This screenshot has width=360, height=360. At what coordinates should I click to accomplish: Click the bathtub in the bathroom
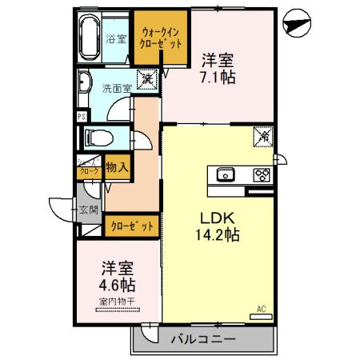89,36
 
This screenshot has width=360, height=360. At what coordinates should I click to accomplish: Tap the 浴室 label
116,38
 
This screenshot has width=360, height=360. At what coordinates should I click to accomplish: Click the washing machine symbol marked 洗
147,79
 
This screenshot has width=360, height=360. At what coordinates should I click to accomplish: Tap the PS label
82,116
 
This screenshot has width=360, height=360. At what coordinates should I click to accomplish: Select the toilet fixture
100,136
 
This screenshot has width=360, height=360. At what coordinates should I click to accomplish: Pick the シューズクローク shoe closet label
88,166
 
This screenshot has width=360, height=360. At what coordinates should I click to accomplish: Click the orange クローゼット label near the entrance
133,226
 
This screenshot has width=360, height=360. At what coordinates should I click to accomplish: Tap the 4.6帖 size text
117,285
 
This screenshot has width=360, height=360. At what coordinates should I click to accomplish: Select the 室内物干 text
116,302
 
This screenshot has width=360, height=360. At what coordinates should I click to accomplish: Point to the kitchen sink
224,174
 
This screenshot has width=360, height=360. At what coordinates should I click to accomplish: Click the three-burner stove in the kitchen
261,174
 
